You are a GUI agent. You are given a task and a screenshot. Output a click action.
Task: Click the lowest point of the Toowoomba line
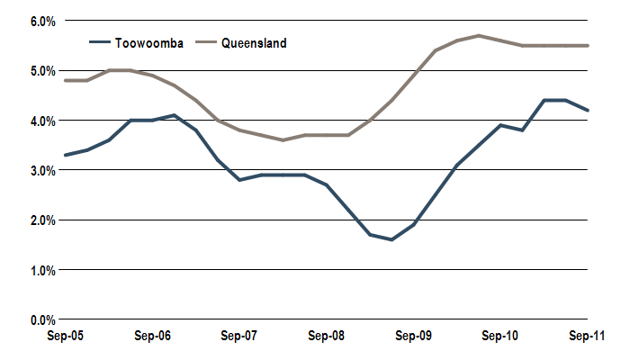(391, 239)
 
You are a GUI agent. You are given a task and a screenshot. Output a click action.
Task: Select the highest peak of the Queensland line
(479, 35)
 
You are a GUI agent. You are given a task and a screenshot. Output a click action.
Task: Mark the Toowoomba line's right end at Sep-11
(588, 110)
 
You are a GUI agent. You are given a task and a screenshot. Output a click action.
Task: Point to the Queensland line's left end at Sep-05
(65, 80)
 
